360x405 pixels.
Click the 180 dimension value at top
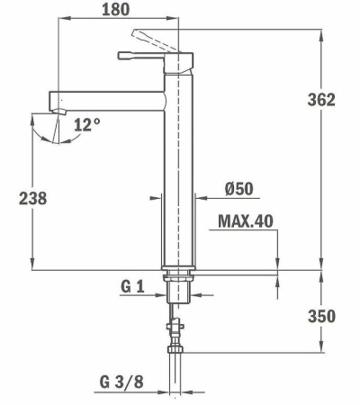pyautogui.click(x=115, y=10)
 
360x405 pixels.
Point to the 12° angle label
pyautogui.click(x=87, y=125)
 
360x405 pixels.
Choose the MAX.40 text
pyautogui.click(x=245, y=220)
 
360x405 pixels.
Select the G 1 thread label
pyautogui.click(x=132, y=286)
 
